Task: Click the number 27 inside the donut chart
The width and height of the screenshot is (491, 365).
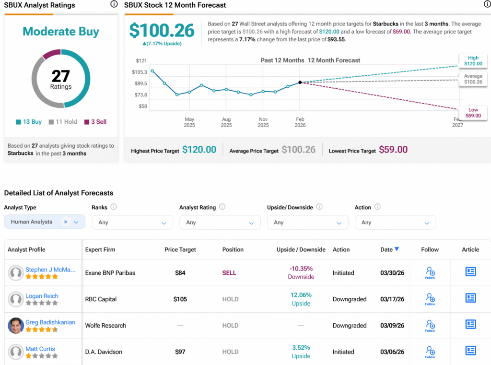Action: [x=61, y=76]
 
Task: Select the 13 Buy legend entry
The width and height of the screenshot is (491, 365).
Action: [x=29, y=122]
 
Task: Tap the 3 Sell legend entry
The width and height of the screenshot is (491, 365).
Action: [x=95, y=122]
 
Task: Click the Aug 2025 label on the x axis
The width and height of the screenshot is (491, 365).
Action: [x=226, y=122]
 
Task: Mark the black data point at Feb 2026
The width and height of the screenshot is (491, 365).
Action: [x=300, y=82]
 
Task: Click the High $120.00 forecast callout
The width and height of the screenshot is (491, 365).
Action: [x=473, y=61]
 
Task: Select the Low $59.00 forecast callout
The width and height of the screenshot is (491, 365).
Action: [x=473, y=113]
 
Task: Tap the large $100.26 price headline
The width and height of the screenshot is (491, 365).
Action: [x=162, y=31]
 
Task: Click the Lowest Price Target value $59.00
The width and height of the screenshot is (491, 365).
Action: [x=393, y=150]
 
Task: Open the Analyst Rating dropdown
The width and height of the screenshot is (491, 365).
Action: [x=220, y=223]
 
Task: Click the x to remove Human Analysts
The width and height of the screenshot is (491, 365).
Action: [x=66, y=222]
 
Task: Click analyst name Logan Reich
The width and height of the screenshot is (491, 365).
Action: [x=42, y=296]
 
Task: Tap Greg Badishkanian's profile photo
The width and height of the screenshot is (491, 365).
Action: [x=16, y=326]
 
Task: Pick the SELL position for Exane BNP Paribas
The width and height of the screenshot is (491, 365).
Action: [x=229, y=273]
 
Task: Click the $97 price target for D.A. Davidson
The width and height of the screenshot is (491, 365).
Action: [x=180, y=352]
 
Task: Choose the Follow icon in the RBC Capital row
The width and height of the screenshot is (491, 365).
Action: [x=430, y=298]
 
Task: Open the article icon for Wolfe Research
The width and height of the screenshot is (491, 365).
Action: [x=470, y=325]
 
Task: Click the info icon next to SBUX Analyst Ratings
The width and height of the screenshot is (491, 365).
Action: [x=114, y=4]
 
